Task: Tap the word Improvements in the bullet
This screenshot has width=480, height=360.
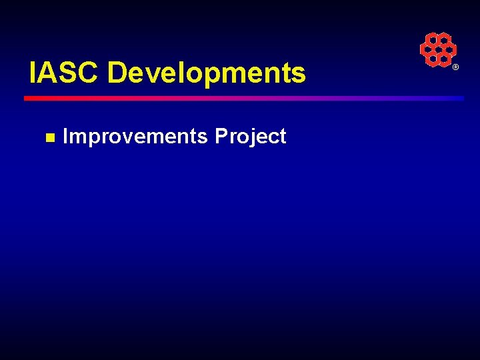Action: (135, 136)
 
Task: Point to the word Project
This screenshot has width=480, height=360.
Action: (251, 137)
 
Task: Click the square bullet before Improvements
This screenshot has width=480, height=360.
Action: (49, 137)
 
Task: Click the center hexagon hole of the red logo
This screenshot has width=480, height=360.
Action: (438, 50)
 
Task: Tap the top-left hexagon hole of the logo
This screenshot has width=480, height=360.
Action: (432, 40)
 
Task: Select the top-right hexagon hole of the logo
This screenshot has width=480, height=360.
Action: (444, 40)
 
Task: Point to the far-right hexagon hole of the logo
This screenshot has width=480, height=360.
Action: (450, 50)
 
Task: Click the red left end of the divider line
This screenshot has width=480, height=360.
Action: (30, 98)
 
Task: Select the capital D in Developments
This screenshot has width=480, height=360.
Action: (117, 73)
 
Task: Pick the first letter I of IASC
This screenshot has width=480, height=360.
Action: (33, 73)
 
